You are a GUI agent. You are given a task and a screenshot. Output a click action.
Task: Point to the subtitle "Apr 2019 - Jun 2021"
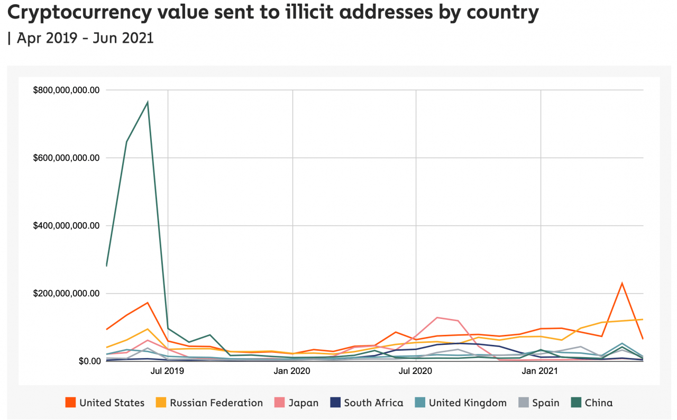[85, 38]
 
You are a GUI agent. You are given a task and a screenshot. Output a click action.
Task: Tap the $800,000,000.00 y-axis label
[66, 90]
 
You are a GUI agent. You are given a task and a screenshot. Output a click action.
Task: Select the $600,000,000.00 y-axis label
[66, 158]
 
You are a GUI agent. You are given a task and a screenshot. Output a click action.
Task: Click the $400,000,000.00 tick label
[66, 226]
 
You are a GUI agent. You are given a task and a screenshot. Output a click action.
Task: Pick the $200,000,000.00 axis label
[66, 294]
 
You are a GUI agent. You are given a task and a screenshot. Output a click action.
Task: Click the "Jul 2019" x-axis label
[168, 371]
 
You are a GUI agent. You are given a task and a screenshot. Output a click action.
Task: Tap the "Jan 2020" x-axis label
[292, 371]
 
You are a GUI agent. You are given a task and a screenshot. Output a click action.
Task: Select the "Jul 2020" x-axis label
[416, 371]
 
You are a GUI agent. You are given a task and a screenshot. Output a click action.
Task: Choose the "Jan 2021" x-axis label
[540, 371]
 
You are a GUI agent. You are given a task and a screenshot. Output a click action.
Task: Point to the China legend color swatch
[575, 403]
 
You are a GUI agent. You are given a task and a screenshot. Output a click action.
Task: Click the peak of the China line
[148, 102]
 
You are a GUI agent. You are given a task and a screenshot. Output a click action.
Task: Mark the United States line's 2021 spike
[622, 284]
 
